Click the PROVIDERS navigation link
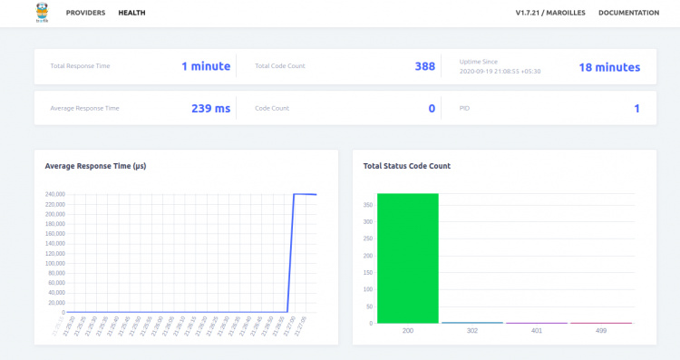pyautogui.click(x=85, y=13)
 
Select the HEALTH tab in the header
pyautogui.click(x=131, y=13)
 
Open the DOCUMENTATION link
pyautogui.click(x=628, y=13)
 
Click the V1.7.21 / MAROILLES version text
pyautogui.click(x=550, y=13)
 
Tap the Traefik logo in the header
pyautogui.click(x=42, y=13)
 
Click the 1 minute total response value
pyautogui.click(x=206, y=66)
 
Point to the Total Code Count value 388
pyautogui.click(x=424, y=66)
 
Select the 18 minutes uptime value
pyautogui.click(x=609, y=67)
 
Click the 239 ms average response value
pyautogui.click(x=210, y=109)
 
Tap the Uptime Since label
pyautogui.click(x=479, y=61)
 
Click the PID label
pyautogui.click(x=464, y=109)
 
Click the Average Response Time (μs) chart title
pyautogui.click(x=95, y=166)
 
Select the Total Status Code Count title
pyautogui.click(x=406, y=166)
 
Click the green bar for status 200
pyautogui.click(x=407, y=258)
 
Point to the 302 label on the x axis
pyautogui.click(x=471, y=331)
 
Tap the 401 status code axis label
pyautogui.click(x=536, y=331)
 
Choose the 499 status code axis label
pyautogui.click(x=600, y=331)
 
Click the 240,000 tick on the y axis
pyautogui.click(x=54, y=194)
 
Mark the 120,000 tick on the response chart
pyautogui.click(x=54, y=253)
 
